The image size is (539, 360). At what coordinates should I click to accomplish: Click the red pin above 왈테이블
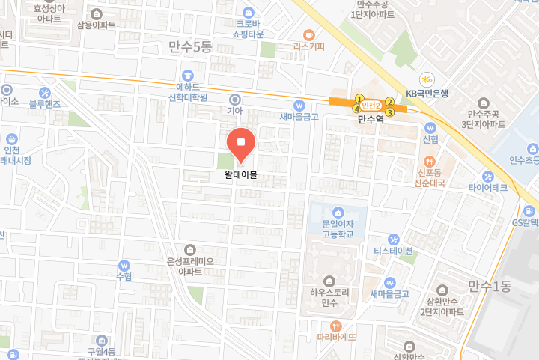(242, 144)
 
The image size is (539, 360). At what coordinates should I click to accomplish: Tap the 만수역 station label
(370, 119)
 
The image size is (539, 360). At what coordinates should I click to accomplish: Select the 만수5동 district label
(191, 47)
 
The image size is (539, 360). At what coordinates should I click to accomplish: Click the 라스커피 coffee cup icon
(308, 34)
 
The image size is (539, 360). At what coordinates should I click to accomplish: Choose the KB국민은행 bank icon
(426, 79)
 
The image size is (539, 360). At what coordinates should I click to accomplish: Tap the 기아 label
(235, 111)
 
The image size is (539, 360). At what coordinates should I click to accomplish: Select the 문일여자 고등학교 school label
(338, 228)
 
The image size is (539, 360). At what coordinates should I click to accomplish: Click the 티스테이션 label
(394, 251)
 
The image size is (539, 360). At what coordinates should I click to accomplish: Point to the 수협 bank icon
(124, 265)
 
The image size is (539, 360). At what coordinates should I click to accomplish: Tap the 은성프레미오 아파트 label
(190, 266)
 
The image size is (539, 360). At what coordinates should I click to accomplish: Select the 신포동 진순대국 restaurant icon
(430, 161)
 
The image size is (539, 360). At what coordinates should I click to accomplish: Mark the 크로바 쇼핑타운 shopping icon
(247, 12)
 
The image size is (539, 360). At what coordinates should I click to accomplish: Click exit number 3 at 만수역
(389, 112)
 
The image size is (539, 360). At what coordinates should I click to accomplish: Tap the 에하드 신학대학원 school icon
(186, 75)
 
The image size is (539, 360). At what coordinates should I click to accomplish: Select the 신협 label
(430, 139)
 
